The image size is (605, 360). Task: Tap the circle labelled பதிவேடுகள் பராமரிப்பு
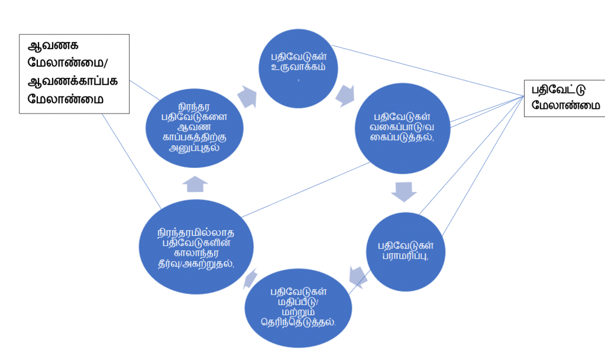click(403, 251)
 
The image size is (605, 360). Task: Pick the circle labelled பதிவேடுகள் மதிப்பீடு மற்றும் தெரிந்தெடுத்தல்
click(299, 307)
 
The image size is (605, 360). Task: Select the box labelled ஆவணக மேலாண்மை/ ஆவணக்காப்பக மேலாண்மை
click(74, 73)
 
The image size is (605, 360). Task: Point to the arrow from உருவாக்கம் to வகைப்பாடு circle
click(345, 94)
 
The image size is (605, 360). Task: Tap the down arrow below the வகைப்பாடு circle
click(404, 191)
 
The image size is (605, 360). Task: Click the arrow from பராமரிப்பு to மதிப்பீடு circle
click(357, 275)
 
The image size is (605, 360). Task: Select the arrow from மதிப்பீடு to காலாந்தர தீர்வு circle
click(250, 278)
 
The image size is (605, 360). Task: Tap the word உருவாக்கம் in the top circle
click(299, 67)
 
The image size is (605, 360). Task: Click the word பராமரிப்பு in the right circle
click(404, 257)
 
